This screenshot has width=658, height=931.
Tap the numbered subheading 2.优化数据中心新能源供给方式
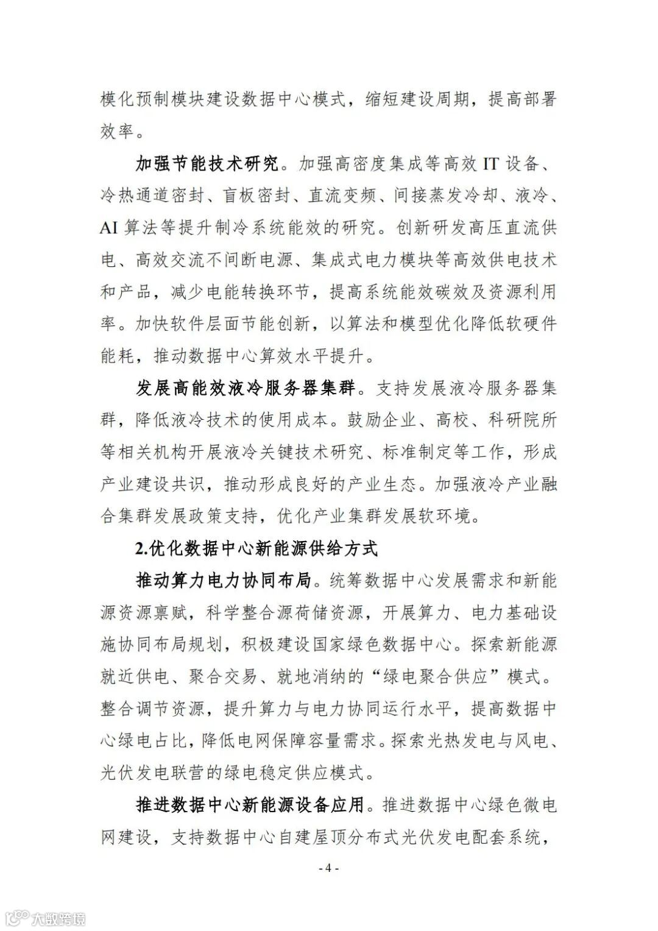pos(256,548)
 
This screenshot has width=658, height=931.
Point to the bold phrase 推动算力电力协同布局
pos(225,581)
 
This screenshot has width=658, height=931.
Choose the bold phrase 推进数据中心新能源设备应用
pos(250,805)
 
